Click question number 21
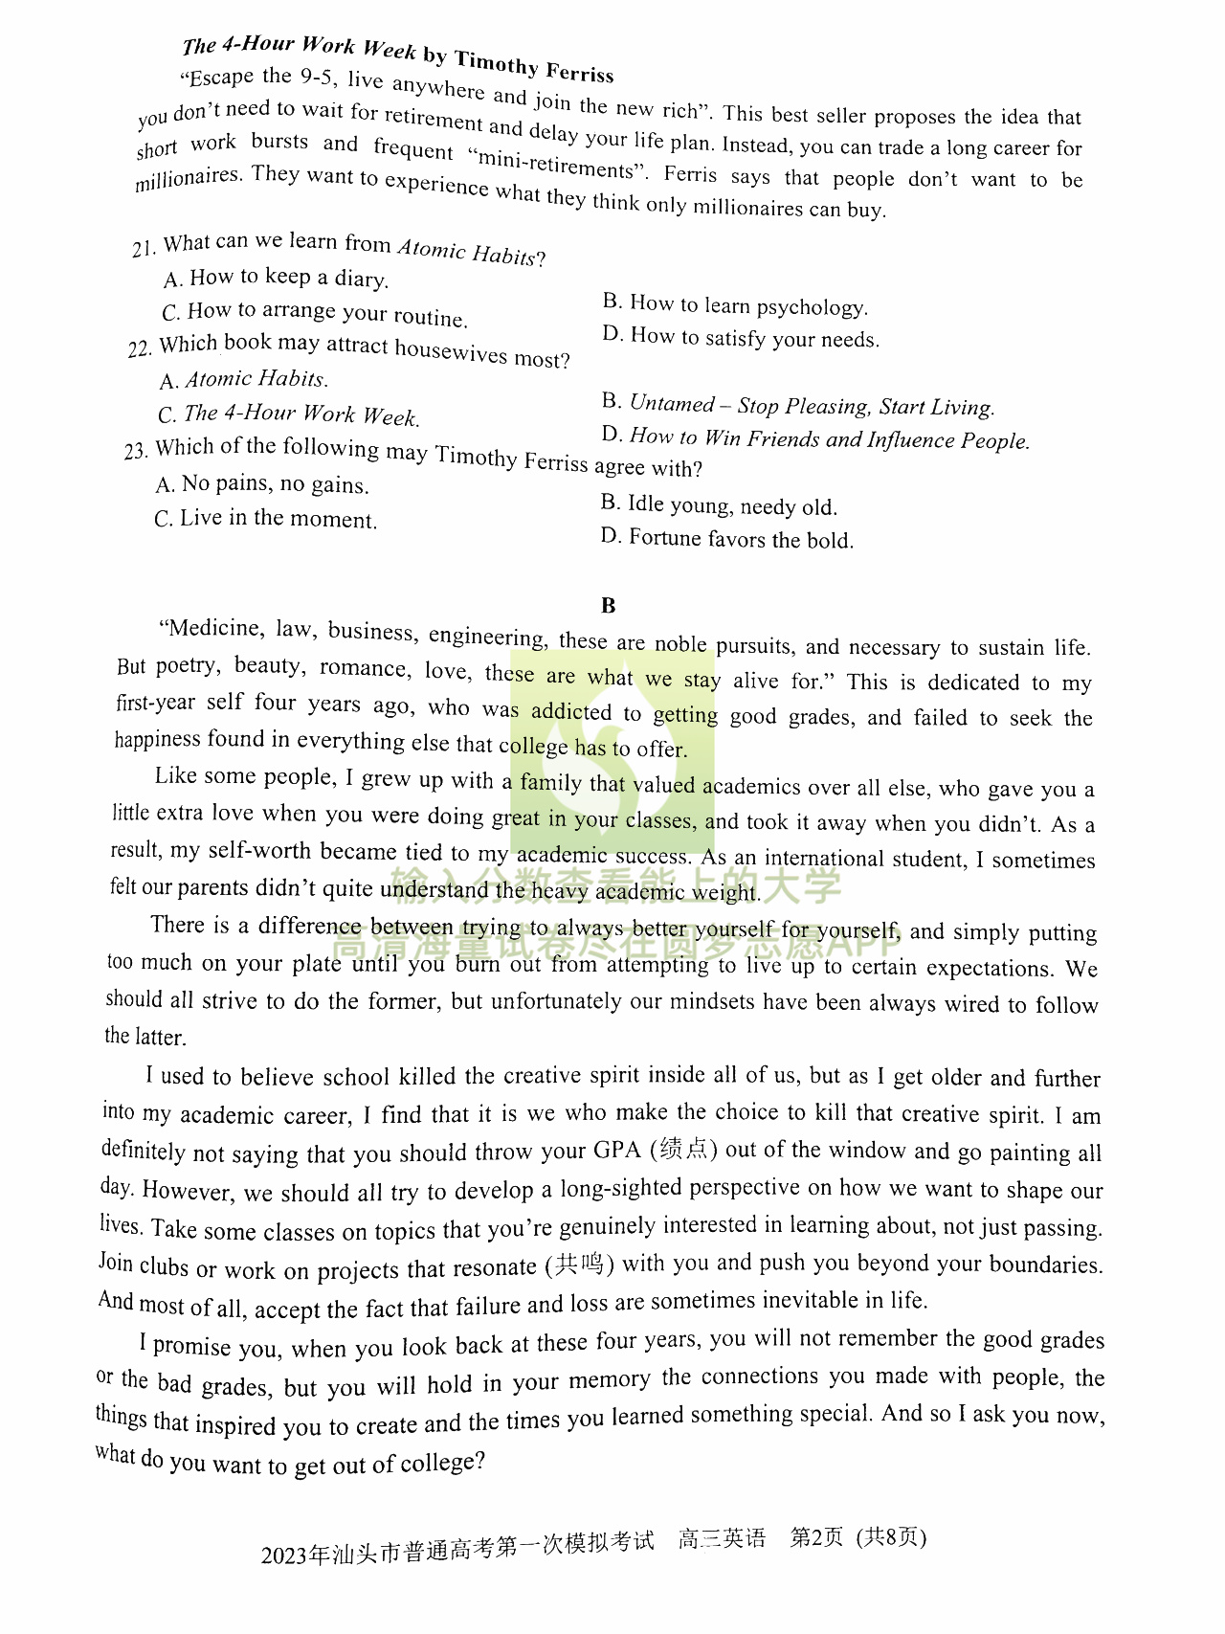pos(143,249)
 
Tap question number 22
pos(140,348)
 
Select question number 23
pos(135,451)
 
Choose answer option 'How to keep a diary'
pos(288,279)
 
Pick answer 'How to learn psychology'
pos(747,305)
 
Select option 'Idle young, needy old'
pos(731,505)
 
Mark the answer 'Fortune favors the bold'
pos(739,539)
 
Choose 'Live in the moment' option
pos(278,519)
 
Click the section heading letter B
pos(609,605)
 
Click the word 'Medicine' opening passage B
pos(215,628)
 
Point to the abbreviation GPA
pos(617,1151)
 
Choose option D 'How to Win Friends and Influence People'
pos(829,439)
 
